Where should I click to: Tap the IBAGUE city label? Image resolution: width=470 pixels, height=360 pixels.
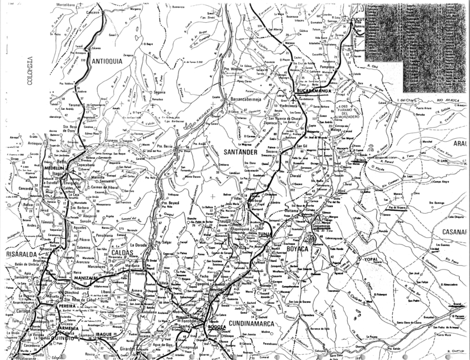pos(106,335)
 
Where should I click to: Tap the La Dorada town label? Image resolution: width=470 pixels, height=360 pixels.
pos(139,245)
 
